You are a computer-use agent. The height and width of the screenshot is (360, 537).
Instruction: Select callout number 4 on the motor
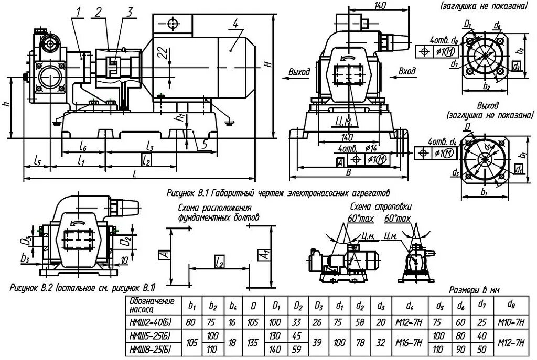(x=236, y=24)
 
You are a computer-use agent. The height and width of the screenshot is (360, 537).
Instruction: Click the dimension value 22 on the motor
(x=165, y=52)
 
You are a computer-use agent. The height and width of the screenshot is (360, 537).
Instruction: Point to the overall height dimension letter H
(x=267, y=64)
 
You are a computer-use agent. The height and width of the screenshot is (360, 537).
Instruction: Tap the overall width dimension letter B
(x=348, y=171)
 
